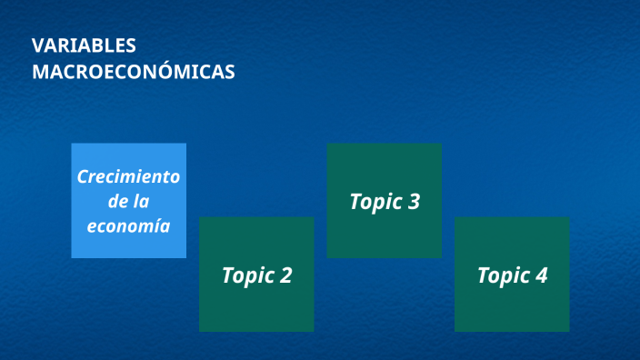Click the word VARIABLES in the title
84,45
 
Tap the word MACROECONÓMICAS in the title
133,72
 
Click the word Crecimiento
128,176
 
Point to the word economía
128,225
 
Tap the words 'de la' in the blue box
128,201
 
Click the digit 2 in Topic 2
285,275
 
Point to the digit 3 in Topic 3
414,202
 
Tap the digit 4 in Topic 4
541,275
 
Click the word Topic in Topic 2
246,275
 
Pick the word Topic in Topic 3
375,203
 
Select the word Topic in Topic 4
502,275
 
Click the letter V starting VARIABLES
37,45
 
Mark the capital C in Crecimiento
82,176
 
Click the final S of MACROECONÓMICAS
229,72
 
